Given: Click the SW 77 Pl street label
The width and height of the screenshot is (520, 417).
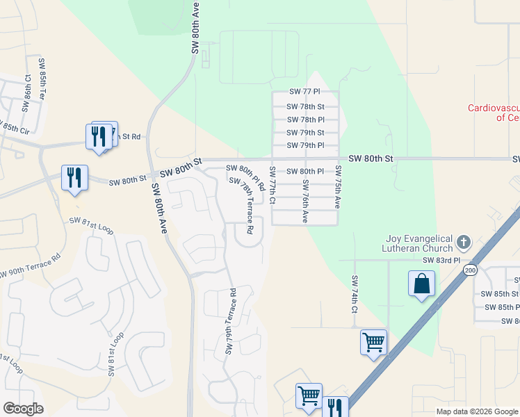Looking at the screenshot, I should [x=304, y=92].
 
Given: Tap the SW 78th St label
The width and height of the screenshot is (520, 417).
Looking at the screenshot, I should [x=306, y=106].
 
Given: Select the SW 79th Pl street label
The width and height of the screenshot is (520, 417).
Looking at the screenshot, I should [x=306, y=145].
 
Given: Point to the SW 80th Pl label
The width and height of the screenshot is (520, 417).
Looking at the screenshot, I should [x=306, y=171].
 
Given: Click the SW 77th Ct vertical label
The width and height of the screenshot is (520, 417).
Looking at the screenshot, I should [x=273, y=186].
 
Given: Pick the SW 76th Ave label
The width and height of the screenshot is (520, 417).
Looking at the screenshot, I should [x=305, y=201].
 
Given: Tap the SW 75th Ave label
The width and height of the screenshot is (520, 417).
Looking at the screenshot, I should [x=339, y=188].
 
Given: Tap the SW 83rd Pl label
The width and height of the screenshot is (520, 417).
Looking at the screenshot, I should [x=441, y=260].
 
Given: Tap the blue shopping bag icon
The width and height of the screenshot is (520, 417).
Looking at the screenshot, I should [x=421, y=284].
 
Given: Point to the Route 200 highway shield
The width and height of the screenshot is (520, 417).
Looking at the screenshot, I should [x=471, y=269].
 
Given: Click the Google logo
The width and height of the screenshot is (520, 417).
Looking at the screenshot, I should [x=23, y=409].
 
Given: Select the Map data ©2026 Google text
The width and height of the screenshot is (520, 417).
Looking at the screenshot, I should [x=476, y=411].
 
